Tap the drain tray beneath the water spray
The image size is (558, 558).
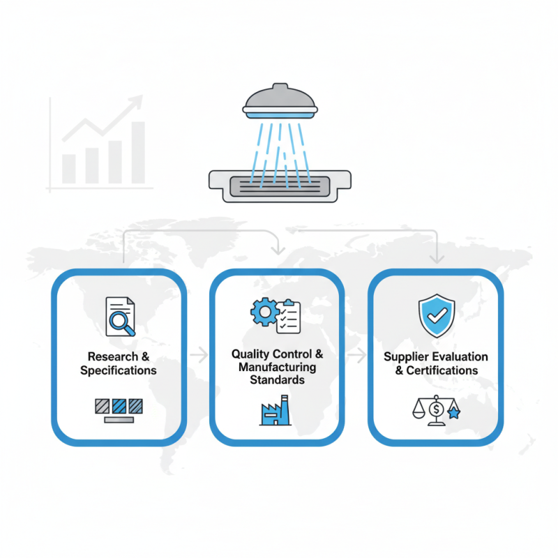tap(280, 186)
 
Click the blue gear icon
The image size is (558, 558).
tap(265, 312)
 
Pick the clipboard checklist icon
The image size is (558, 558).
tap(289, 317)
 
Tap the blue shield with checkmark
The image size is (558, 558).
tap(437, 315)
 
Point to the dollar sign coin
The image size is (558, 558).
tap(437, 409)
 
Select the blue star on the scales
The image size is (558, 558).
tap(454, 413)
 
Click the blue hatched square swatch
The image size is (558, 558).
tap(119, 406)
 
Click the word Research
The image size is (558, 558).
tap(113, 356)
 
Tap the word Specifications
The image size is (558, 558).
tap(119, 370)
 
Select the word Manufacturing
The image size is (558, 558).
tap(277, 367)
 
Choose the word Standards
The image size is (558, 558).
tap(277, 379)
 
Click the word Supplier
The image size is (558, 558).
tap(406, 357)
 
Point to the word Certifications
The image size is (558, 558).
tap(442, 370)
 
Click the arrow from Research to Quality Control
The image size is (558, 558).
tap(199, 355)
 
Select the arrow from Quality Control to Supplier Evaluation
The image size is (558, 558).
tap(357, 355)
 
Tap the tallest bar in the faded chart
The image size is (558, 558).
tap(138, 153)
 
